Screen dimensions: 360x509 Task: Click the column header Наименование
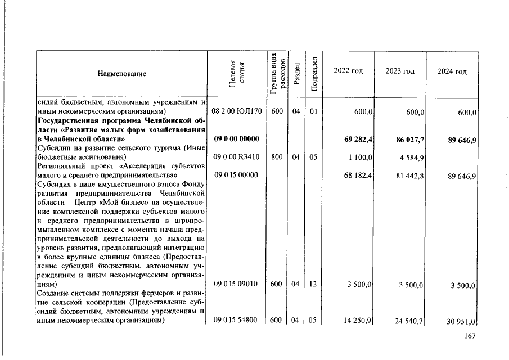click(121, 74)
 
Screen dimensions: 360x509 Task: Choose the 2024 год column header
click(452, 71)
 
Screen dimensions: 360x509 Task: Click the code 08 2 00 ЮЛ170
click(236, 111)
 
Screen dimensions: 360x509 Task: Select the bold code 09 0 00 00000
click(236, 139)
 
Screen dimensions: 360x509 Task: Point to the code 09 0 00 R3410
click(236, 157)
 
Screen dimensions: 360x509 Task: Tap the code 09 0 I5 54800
click(236, 321)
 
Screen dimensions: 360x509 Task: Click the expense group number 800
click(276, 157)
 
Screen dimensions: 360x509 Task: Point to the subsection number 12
click(313, 284)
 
